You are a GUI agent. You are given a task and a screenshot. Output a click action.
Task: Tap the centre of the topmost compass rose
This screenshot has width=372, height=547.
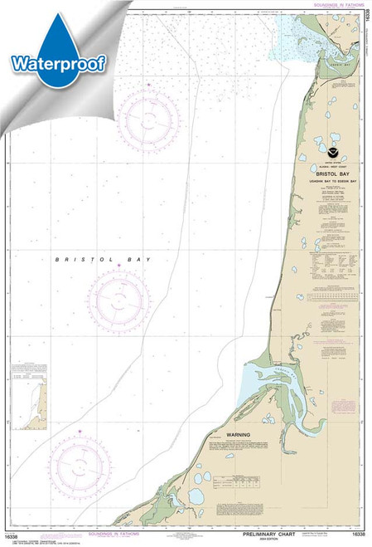point(147,118)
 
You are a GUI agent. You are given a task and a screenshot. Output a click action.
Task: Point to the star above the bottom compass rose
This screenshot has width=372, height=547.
point(80,431)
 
